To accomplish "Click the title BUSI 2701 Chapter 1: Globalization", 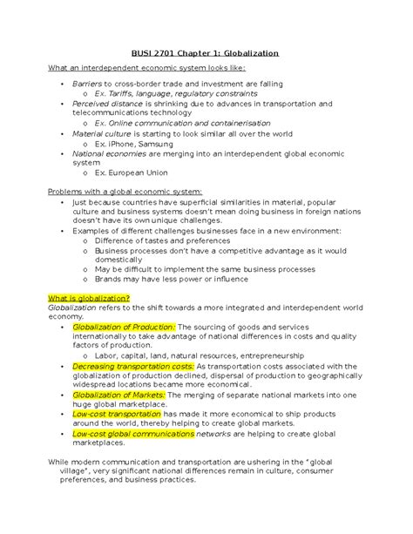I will coord(206,52).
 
